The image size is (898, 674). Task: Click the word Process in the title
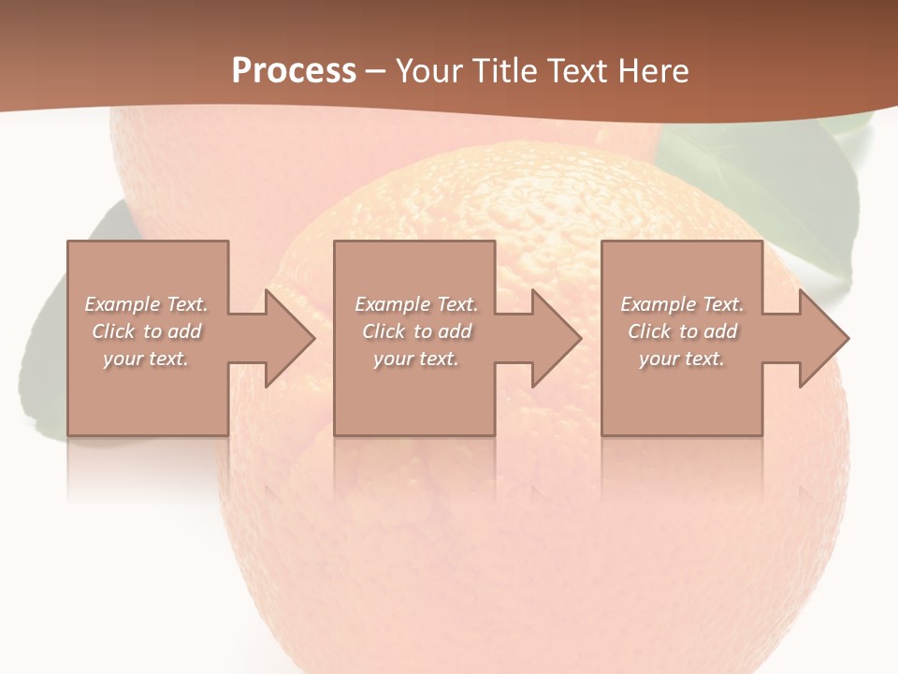[x=294, y=71]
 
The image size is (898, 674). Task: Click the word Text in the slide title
[x=576, y=71]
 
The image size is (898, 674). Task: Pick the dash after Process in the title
[x=376, y=72]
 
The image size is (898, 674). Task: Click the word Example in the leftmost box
[x=122, y=304]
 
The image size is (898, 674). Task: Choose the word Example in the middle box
[x=392, y=304]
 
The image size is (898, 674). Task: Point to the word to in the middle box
[x=423, y=331]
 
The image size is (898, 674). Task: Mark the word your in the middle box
[x=393, y=359]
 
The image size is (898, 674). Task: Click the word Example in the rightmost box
[x=658, y=304]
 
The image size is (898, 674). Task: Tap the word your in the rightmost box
[x=659, y=359]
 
